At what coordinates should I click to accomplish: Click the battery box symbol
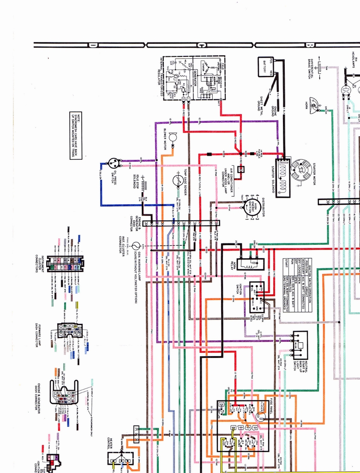266,67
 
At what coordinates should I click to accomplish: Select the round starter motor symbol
301,170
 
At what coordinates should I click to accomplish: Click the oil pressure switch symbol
113,163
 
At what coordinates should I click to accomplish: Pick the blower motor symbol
173,137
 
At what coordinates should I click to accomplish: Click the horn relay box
250,264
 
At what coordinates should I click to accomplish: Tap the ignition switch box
257,297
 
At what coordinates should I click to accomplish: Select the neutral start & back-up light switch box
300,345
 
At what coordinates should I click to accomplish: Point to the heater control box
120,458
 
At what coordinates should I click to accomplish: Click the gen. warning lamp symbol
136,246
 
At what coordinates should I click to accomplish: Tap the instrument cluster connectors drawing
65,264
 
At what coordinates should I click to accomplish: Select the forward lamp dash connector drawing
70,330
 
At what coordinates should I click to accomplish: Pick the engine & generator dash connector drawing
64,392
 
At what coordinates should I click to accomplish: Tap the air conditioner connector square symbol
240,170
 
